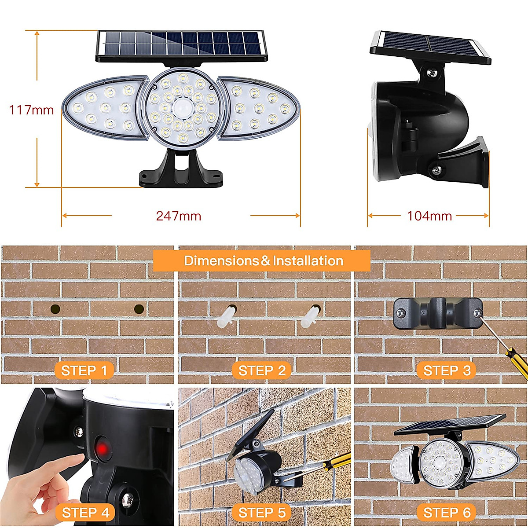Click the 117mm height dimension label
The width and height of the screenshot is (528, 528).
[31, 110]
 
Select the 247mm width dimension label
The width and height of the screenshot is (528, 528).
[179, 216]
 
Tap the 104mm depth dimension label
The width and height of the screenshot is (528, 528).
[429, 216]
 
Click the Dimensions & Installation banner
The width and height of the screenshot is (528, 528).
[263, 260]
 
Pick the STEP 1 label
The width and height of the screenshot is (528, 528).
[84, 370]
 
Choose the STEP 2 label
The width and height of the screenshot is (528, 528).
[262, 370]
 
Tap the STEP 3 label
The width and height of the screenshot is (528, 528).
[447, 370]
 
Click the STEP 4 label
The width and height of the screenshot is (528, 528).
[85, 513]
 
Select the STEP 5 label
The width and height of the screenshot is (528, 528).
[262, 513]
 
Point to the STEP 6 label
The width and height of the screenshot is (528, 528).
[447, 513]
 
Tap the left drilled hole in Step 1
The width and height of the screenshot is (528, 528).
[55, 309]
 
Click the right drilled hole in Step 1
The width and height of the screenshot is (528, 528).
[139, 309]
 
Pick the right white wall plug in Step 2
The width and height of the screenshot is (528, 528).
[310, 317]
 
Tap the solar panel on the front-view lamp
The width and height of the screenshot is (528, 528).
[181, 45]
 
